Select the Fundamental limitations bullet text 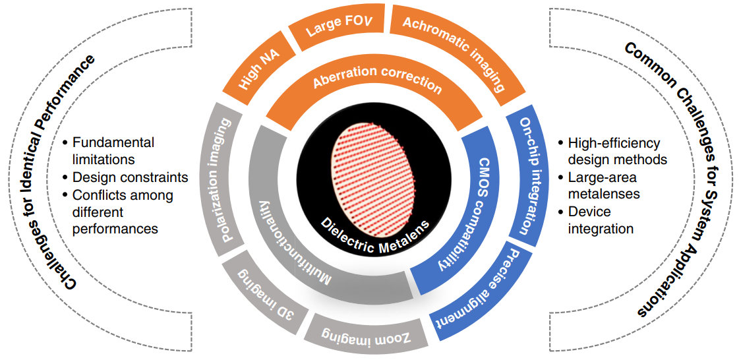113,151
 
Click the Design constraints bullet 129,177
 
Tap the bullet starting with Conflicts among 122,212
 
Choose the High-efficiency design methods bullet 616,151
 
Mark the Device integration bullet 600,220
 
